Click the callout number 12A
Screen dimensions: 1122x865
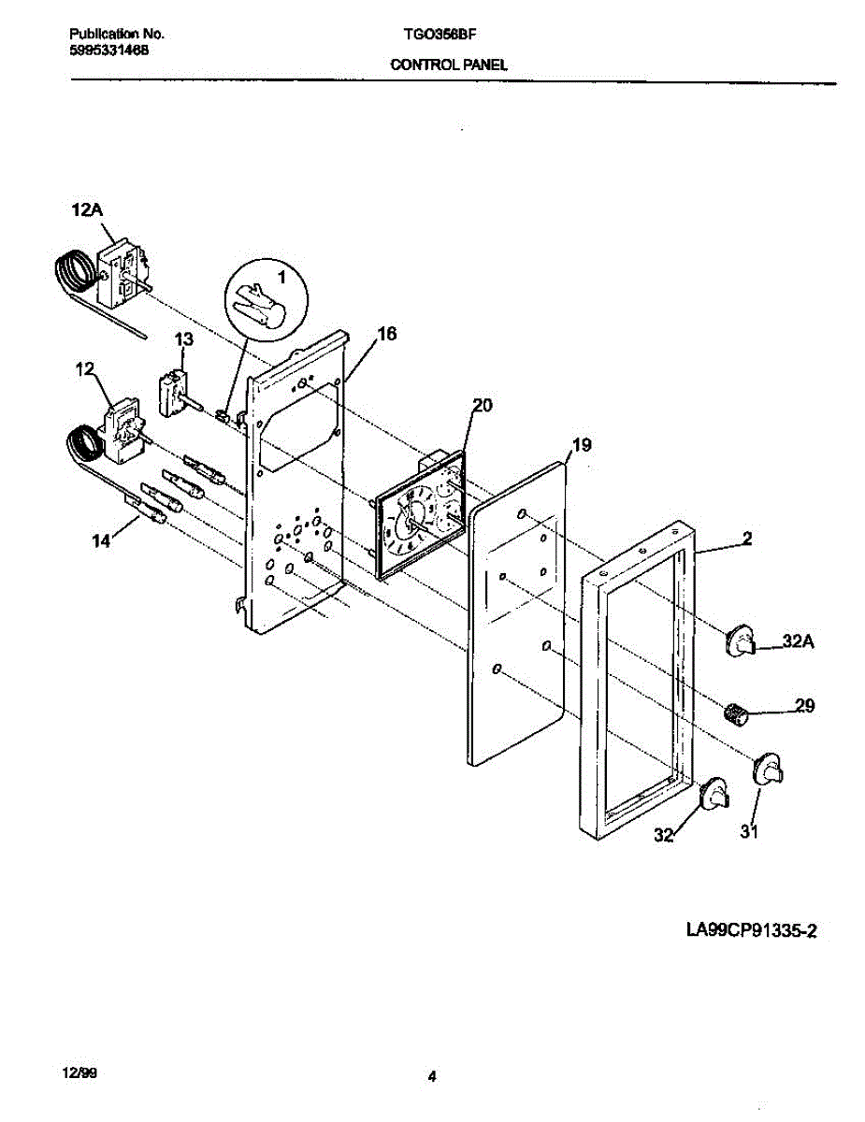pyautogui.click(x=86, y=212)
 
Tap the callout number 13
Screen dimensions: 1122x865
pyautogui.click(x=183, y=339)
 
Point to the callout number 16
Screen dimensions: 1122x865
pyautogui.click(x=387, y=334)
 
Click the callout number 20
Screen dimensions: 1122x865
pyautogui.click(x=482, y=405)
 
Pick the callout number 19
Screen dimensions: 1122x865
pyautogui.click(x=581, y=446)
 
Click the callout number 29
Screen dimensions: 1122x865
pyautogui.click(x=804, y=706)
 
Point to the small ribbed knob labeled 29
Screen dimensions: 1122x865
pyautogui.click(x=737, y=714)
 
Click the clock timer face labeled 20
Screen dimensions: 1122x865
pyautogui.click(x=411, y=524)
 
